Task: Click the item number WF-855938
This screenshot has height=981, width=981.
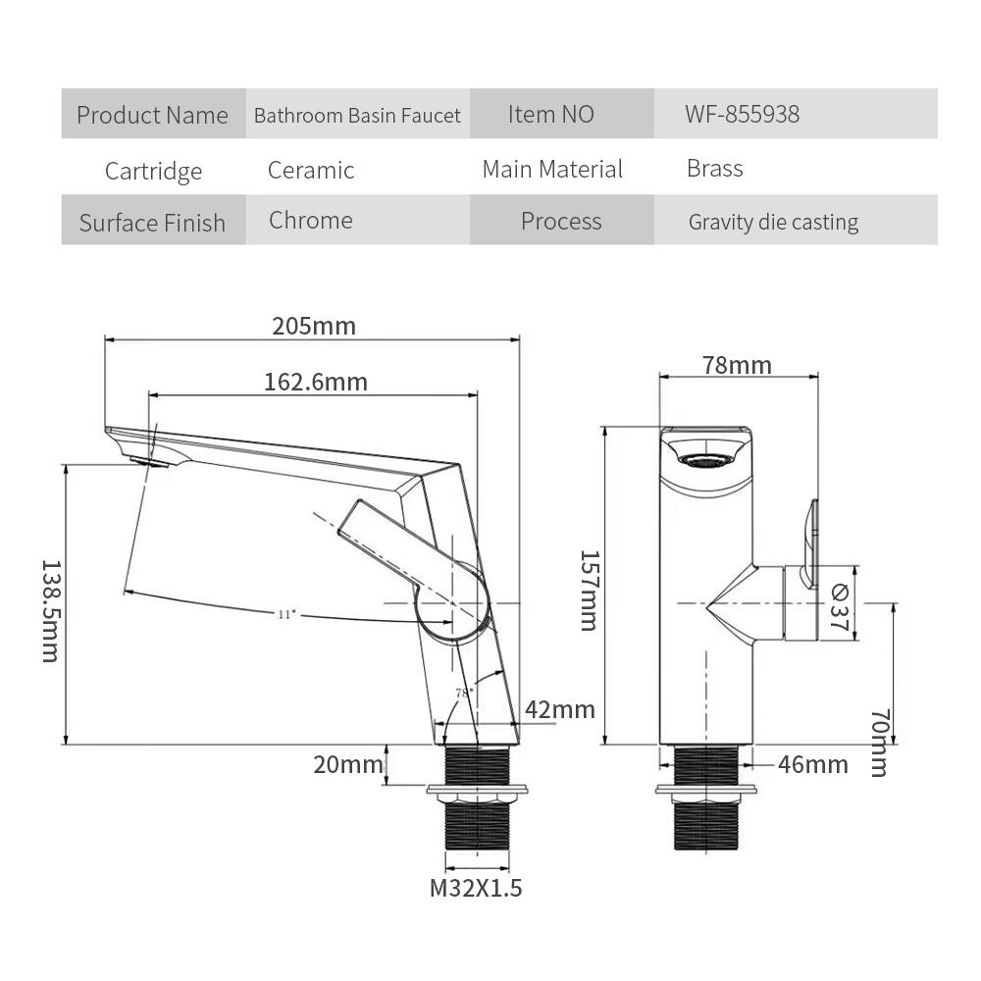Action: tap(742, 114)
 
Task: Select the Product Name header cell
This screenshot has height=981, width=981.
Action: tap(152, 115)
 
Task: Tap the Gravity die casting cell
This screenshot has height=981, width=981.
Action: tap(773, 222)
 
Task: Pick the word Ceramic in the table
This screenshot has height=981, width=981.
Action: tap(311, 170)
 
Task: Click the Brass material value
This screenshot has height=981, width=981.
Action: tap(714, 169)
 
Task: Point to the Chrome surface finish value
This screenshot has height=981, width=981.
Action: tap(311, 220)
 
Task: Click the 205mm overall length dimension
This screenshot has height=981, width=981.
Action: tap(314, 326)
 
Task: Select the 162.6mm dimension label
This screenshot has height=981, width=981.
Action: tap(315, 382)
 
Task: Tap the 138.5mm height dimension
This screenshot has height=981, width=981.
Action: tap(50, 610)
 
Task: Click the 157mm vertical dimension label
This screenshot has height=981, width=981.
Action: tap(588, 589)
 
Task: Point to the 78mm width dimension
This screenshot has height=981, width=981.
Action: tap(737, 365)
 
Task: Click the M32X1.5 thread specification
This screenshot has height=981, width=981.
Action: tap(476, 889)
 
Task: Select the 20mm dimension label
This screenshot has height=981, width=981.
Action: tap(348, 764)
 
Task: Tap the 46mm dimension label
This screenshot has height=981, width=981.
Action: tap(812, 764)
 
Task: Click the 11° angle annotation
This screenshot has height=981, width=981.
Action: tap(285, 614)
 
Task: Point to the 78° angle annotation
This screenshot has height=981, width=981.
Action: tap(464, 692)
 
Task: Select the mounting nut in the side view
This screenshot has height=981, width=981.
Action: tap(706, 791)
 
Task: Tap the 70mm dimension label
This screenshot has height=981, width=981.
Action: tap(878, 742)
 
